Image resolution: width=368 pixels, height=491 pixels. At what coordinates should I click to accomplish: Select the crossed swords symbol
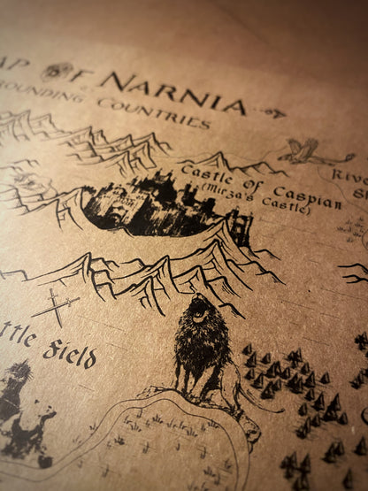coord(55,308)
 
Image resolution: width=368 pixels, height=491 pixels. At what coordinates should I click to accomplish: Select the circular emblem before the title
coord(54,73)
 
